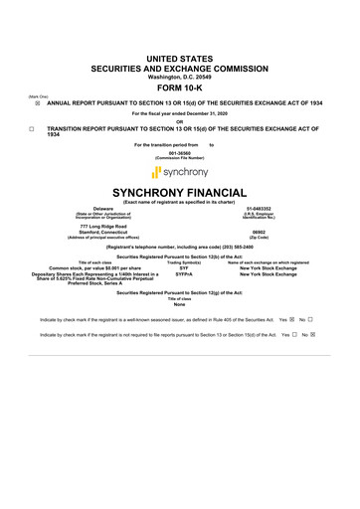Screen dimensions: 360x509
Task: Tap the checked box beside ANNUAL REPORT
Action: pyautogui.click(x=35, y=101)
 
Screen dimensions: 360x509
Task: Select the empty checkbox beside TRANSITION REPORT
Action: pyautogui.click(x=32, y=128)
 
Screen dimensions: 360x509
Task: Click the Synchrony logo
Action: pyautogui.click(x=179, y=172)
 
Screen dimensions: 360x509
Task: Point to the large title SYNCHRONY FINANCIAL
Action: pyautogui.click(x=179, y=192)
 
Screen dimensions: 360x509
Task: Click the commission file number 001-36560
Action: pyautogui.click(x=179, y=153)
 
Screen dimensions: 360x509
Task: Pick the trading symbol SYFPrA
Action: pyautogui.click(x=184, y=274)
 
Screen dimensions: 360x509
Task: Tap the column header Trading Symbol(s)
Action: pyautogui.click(x=184, y=261)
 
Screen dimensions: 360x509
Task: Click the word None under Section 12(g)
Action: pyautogui.click(x=179, y=305)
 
